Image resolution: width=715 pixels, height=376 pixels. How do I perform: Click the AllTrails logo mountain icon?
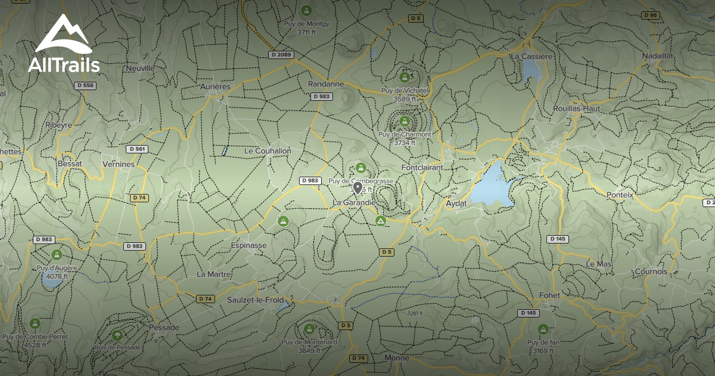click(x=63, y=35)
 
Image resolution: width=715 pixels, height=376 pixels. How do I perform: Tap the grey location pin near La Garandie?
click(x=357, y=189)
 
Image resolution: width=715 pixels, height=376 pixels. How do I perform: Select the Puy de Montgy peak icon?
click(x=306, y=11)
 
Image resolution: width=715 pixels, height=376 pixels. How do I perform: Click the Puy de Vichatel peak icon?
click(x=405, y=77)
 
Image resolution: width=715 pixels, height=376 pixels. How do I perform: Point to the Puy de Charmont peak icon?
click(x=405, y=121)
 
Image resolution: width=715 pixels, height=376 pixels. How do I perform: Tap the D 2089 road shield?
click(x=281, y=55)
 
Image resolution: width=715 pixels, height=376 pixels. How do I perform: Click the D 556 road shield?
click(x=86, y=86)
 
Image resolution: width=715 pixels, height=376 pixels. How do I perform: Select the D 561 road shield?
click(x=137, y=149)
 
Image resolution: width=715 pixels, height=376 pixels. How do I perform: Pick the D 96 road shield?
click(x=650, y=15)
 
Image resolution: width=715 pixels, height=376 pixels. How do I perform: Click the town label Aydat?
click(x=456, y=204)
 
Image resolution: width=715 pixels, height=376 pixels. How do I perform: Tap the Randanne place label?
click(x=326, y=84)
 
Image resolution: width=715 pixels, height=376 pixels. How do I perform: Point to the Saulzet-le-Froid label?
click(x=255, y=300)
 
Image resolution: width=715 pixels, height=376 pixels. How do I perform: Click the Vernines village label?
click(x=119, y=164)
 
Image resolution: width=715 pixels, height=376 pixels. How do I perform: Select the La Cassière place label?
click(x=532, y=56)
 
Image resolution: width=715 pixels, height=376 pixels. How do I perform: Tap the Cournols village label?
click(x=651, y=272)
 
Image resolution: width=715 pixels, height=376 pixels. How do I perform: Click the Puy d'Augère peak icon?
click(x=57, y=255)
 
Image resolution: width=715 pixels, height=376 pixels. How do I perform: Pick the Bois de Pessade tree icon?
click(x=117, y=335)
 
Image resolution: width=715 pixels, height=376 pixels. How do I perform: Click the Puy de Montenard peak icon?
click(x=309, y=329)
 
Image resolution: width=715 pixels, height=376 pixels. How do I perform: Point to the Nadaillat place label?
click(x=657, y=56)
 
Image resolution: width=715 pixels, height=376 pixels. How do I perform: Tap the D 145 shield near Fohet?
click(x=528, y=313)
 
